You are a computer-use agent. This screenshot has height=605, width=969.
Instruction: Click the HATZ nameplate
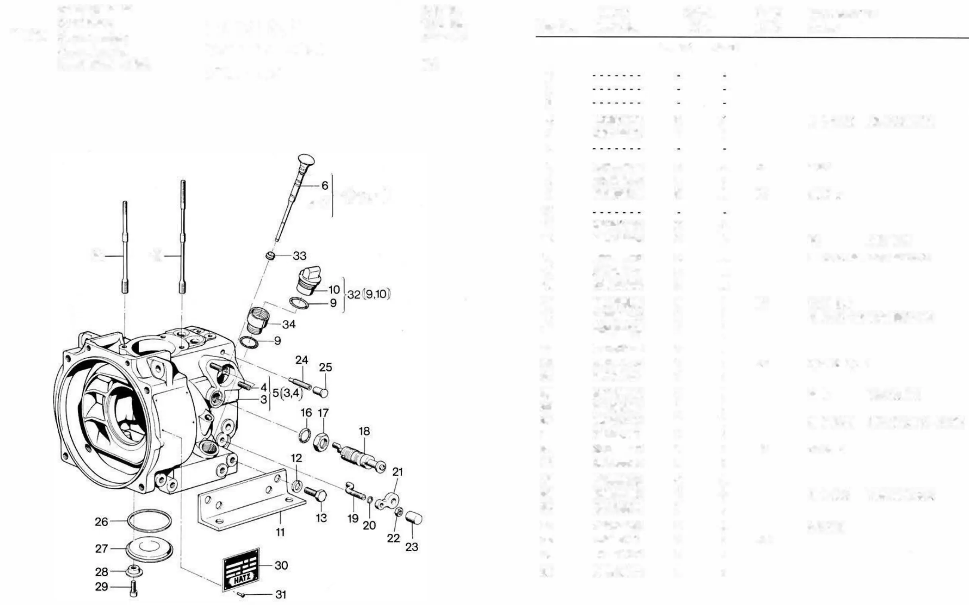click(241, 568)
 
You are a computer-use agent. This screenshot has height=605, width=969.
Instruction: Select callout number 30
click(281, 565)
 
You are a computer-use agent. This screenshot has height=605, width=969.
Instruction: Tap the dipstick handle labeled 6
click(306, 161)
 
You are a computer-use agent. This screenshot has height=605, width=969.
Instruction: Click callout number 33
click(299, 256)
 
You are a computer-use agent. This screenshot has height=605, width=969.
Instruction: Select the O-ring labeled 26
click(149, 521)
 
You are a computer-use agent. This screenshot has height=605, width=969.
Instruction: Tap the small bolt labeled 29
click(134, 588)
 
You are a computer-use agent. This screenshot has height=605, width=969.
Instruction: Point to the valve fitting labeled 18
click(359, 457)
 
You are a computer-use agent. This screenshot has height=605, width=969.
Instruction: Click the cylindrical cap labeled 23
click(413, 518)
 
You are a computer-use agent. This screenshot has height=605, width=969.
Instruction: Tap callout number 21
click(398, 472)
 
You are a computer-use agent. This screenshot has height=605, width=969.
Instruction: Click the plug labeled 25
click(322, 392)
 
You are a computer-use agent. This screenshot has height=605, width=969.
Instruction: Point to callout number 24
click(302, 360)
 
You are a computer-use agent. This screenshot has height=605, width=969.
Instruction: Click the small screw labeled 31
click(241, 595)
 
